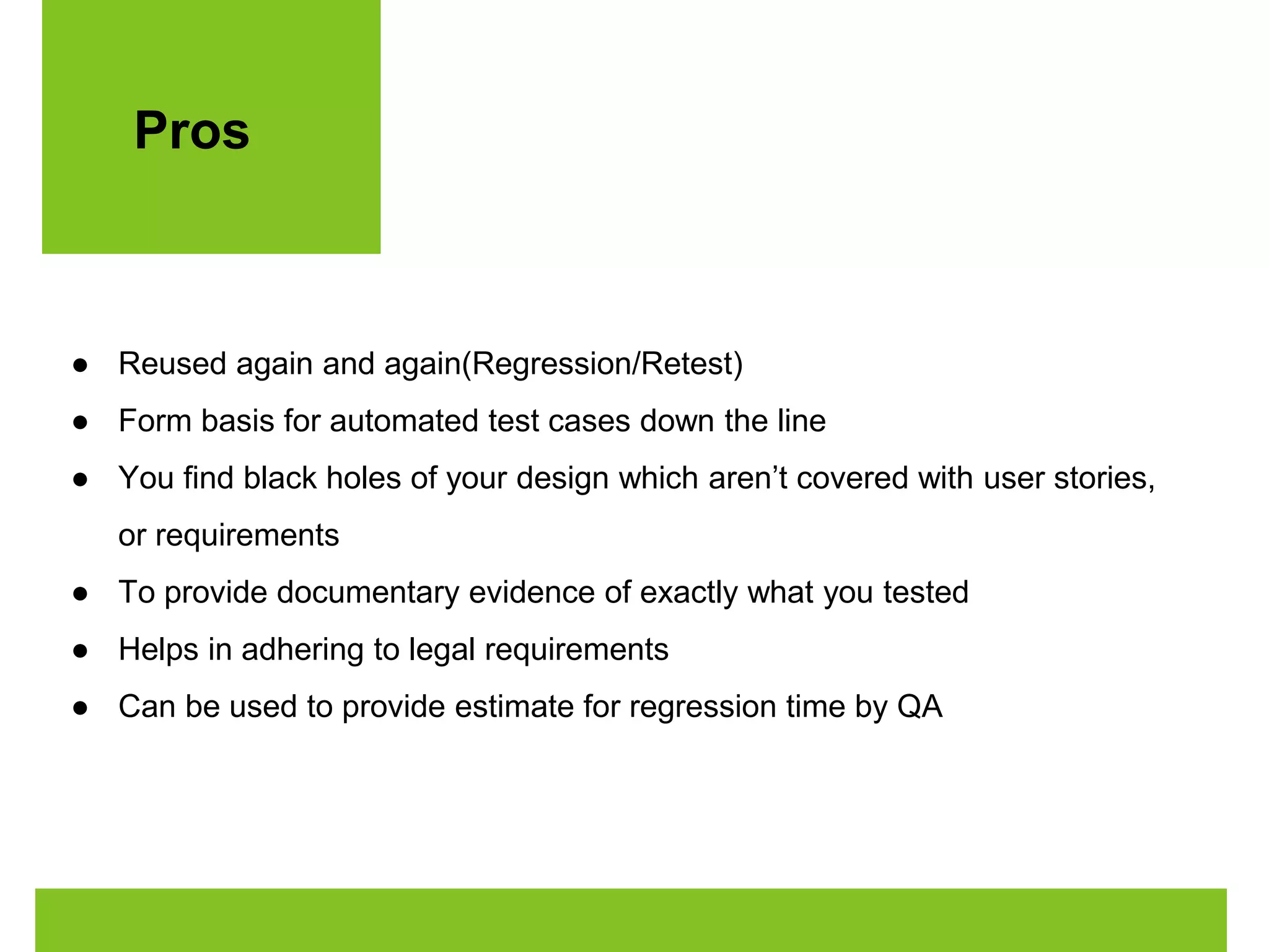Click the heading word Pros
191,131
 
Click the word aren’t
747,478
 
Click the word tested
926,593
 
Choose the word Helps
158,650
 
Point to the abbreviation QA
920,707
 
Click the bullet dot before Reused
80,366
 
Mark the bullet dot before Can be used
80,708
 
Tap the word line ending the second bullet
801,421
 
